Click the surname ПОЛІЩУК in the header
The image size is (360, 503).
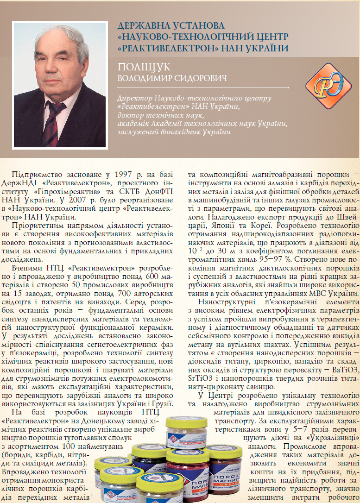[x=145, y=66]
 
